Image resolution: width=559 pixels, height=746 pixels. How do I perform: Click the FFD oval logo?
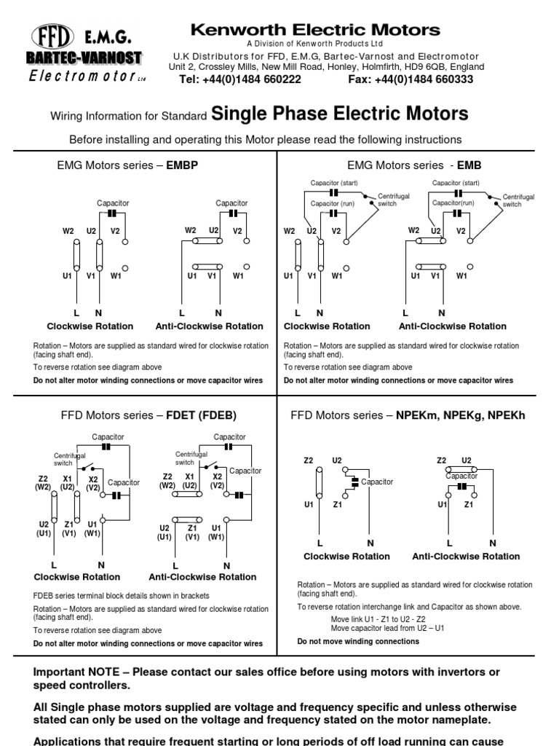52,36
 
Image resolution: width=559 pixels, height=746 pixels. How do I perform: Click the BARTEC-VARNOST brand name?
84,58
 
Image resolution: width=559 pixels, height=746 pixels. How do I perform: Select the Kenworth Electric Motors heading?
315,30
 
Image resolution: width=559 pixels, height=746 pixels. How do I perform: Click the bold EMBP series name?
182,165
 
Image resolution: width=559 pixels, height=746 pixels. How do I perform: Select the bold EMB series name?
469,165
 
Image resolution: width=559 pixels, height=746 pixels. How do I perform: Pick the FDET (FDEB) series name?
201,415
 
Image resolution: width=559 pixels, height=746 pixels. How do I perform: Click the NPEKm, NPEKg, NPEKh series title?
461,415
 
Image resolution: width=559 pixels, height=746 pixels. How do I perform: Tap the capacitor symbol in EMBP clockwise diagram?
111,213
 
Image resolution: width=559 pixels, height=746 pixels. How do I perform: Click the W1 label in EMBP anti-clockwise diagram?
238,276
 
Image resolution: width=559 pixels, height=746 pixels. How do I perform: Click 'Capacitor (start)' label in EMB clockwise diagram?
334,183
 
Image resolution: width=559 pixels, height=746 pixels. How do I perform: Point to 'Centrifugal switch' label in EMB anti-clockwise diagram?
518,200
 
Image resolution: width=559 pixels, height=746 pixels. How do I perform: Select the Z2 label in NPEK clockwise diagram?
309,460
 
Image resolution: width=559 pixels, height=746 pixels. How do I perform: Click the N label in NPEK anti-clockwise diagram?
493,543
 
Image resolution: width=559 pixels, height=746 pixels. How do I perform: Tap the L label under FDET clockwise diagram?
54,565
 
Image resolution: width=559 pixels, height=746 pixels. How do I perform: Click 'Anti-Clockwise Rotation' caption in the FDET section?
202,577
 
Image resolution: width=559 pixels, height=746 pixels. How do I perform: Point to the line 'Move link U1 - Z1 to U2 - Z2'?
378,619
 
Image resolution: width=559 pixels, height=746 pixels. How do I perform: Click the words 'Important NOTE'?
76,672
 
